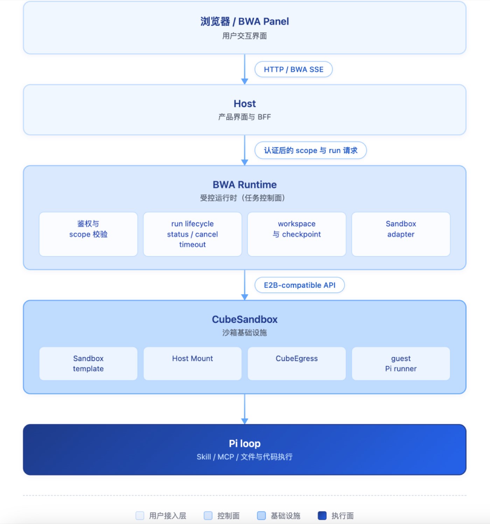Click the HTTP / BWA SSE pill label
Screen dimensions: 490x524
(293, 69)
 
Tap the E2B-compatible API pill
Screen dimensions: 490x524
(299, 285)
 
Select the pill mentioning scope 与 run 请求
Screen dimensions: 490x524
(310, 150)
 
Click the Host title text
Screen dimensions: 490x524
(244, 104)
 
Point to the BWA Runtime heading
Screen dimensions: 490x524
(244, 185)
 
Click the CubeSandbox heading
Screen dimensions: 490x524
(244, 319)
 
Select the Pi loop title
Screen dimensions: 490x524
(244, 443)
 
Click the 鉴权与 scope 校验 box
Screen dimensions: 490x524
(88, 234)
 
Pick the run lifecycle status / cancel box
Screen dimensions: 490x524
(192, 234)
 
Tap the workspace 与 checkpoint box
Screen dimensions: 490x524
(297, 234)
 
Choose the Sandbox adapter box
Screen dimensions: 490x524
(401, 234)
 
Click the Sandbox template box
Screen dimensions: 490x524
(88, 364)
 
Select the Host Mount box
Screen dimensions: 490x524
(192, 364)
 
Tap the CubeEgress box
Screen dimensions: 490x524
(297, 364)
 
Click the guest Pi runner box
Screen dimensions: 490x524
(401, 364)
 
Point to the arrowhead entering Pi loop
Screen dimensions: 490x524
(244, 421)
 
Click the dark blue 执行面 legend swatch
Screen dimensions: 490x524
(322, 516)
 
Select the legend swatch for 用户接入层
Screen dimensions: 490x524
(140, 516)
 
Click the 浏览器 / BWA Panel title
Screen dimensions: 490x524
(244, 21)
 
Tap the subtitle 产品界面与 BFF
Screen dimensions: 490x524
(244, 117)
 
